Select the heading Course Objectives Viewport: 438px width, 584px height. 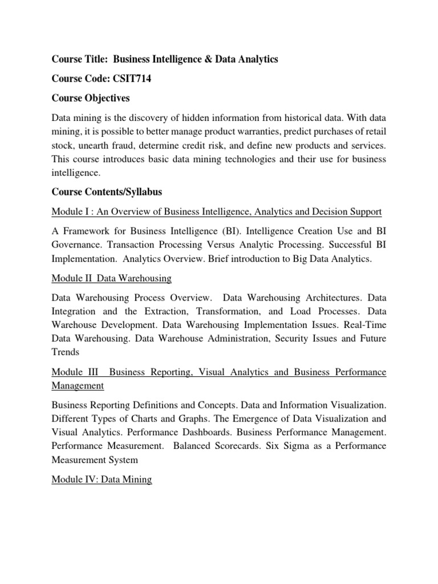pos(91,99)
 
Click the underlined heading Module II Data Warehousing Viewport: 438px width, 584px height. pos(111,279)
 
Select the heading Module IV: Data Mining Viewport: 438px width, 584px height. pos(102,479)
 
